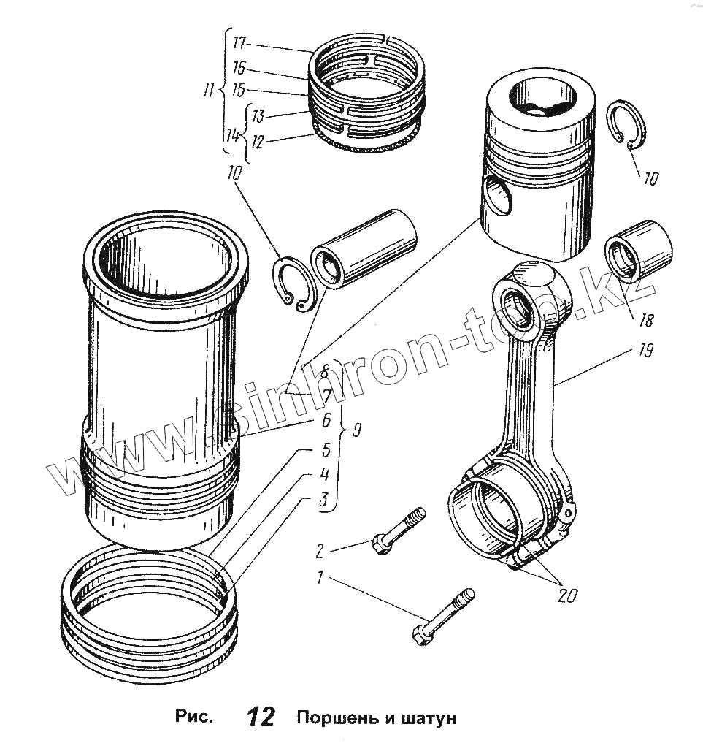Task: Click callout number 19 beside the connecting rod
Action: point(645,351)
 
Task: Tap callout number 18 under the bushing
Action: point(646,319)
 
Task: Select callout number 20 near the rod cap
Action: point(566,595)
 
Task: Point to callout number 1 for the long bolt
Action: point(318,578)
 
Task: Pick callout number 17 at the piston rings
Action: point(239,43)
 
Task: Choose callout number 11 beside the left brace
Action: point(209,91)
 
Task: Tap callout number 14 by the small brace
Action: point(232,135)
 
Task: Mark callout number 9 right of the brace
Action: point(356,430)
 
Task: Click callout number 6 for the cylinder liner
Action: point(326,420)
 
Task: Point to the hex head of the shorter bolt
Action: point(380,544)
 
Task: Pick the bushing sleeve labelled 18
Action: point(637,253)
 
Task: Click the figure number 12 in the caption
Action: point(261,717)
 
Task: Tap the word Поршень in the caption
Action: point(333,717)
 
